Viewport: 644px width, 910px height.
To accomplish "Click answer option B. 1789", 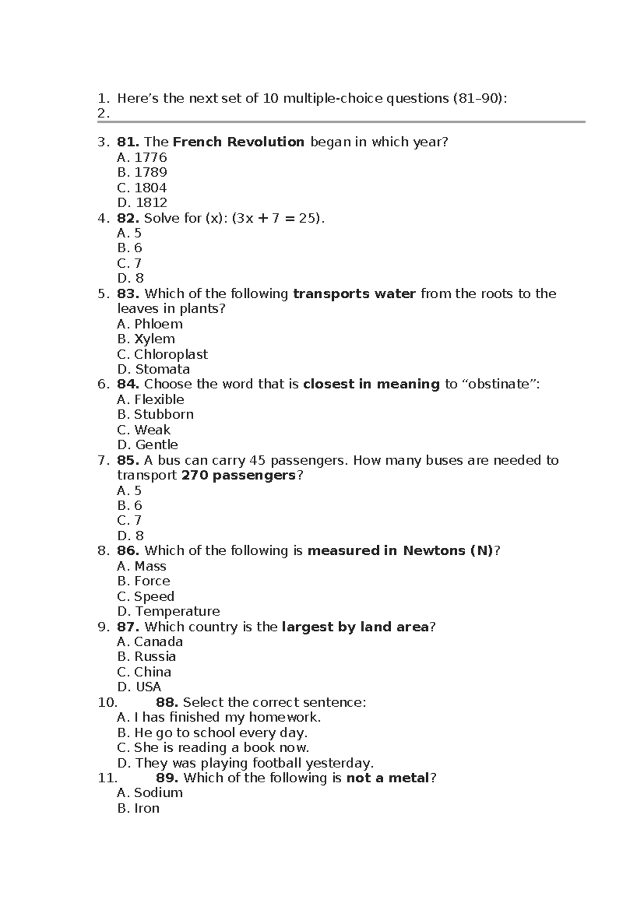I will tap(142, 172).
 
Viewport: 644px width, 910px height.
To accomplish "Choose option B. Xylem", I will tap(146, 339).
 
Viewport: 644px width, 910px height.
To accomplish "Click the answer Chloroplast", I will tap(170, 355).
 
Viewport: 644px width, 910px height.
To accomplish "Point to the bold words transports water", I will tap(354, 294).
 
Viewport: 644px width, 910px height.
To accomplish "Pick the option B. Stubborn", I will tap(155, 415).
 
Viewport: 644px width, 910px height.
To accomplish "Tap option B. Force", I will tap(143, 581).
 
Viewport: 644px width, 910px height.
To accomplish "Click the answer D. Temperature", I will tap(168, 612).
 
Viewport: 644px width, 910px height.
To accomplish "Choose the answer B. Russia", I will tap(146, 657).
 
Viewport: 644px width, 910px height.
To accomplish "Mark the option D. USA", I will tap(138, 687).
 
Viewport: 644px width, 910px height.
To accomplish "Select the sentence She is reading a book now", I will tap(213, 748).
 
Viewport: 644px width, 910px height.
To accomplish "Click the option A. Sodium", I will tap(150, 793).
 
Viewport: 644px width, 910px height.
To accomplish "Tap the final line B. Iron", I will tap(138, 809).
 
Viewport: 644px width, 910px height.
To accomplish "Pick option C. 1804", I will tap(142, 188).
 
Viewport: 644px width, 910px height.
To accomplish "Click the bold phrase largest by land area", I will tap(355, 627).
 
